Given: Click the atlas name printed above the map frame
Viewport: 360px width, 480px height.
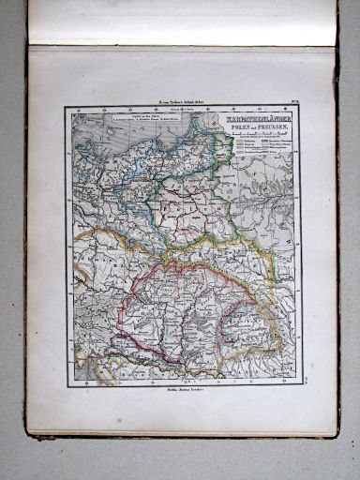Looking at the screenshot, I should (109, 98).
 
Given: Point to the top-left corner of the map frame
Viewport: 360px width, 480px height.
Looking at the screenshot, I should (66, 107).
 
